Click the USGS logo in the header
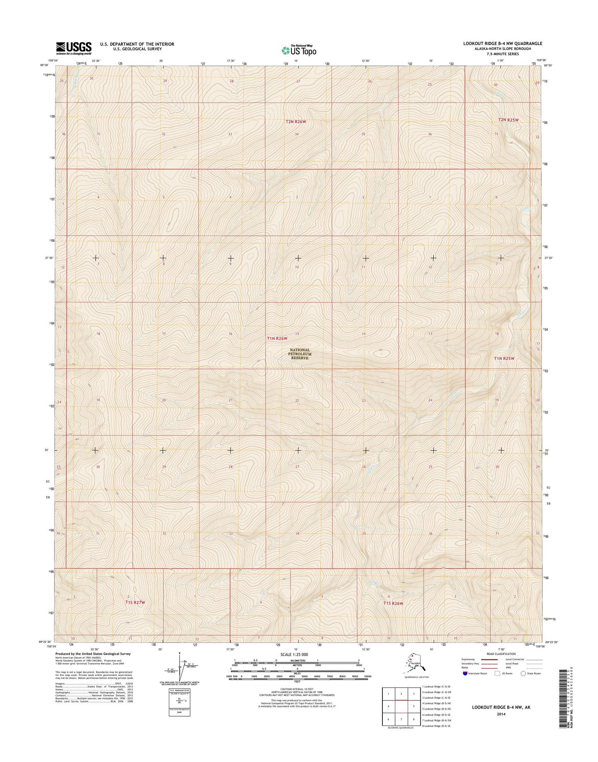[x=74, y=48]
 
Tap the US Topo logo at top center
[x=299, y=50]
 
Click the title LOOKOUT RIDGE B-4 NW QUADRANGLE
[x=497, y=43]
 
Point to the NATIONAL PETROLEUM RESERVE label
[x=300, y=354]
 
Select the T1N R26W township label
[x=277, y=338]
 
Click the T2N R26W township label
[x=296, y=122]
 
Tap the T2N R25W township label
[x=508, y=120]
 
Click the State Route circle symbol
[x=523, y=673]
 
